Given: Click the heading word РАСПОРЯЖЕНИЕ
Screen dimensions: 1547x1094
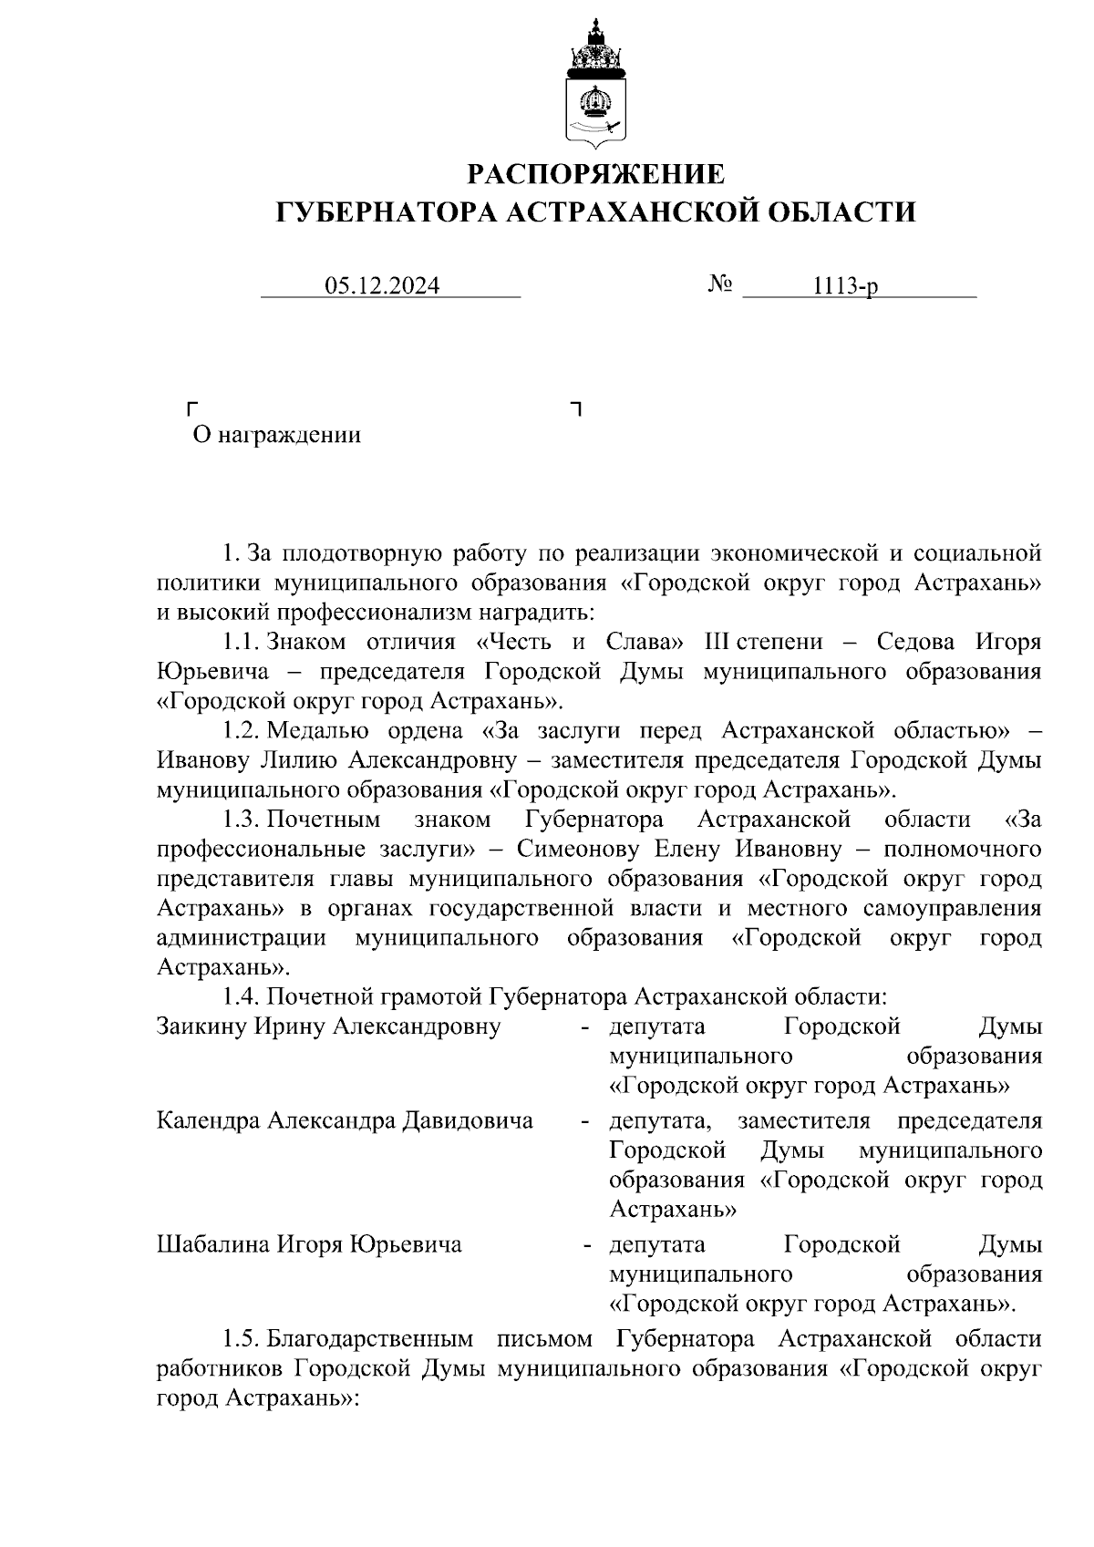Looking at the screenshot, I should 596,173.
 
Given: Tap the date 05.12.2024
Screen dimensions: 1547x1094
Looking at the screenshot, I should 383,286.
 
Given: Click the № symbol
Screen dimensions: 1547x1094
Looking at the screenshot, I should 720,284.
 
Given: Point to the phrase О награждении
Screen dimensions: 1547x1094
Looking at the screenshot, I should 276,435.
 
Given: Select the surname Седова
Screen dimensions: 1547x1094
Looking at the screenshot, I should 915,642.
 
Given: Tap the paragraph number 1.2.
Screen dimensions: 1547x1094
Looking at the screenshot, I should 242,730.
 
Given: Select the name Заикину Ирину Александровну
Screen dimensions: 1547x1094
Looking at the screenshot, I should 328,1026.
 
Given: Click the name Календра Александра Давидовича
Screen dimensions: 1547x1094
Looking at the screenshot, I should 345,1119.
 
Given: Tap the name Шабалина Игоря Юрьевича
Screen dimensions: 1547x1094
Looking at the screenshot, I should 309,1244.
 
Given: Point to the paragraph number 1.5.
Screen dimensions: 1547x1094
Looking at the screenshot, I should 242,1339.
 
